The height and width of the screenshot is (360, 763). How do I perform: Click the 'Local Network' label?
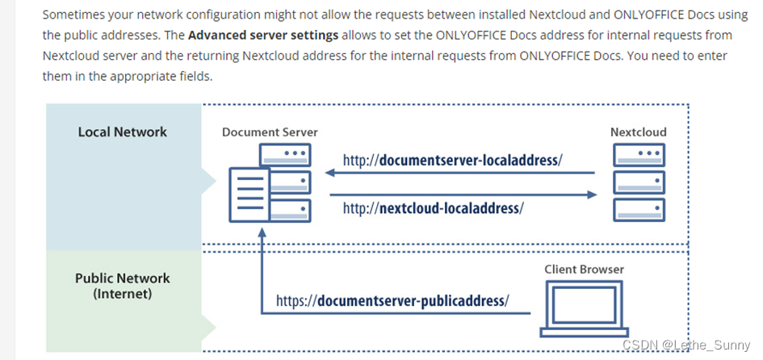[122, 132]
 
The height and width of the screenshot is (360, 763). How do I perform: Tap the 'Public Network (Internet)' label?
[122, 286]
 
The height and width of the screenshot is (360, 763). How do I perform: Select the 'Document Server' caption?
[270, 132]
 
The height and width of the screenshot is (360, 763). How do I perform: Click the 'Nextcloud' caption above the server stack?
[639, 132]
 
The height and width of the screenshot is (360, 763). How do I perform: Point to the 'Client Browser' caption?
[584, 269]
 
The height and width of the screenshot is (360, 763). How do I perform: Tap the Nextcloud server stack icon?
[639, 182]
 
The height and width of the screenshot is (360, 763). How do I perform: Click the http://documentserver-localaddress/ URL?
[451, 160]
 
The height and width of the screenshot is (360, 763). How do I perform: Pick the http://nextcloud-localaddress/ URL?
[433, 207]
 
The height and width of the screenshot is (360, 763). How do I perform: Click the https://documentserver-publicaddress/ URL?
[392, 301]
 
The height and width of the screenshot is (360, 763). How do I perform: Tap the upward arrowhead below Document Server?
[261, 232]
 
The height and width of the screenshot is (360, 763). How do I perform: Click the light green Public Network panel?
[122, 323]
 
